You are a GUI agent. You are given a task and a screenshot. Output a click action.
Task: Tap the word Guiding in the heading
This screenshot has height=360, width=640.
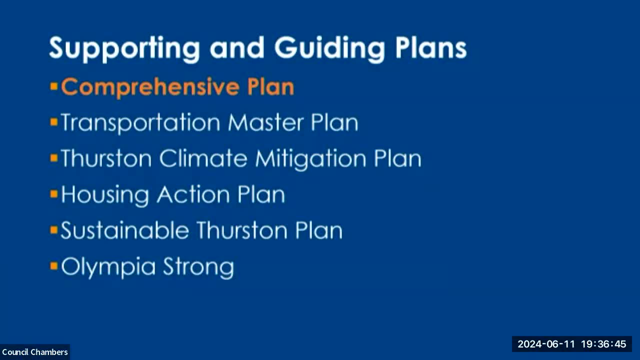click(329, 49)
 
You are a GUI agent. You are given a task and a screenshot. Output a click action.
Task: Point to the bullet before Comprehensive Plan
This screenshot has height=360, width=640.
click(54, 87)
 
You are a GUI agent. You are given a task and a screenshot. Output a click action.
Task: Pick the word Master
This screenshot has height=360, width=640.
click(265, 122)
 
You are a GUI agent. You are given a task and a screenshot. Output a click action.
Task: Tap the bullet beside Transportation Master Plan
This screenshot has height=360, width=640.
click(54, 122)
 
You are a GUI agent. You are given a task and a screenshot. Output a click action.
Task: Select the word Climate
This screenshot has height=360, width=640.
click(203, 158)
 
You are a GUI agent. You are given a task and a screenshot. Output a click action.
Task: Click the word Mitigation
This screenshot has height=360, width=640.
click(311, 159)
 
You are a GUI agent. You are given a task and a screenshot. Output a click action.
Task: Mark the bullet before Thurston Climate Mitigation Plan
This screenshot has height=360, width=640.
click(54, 158)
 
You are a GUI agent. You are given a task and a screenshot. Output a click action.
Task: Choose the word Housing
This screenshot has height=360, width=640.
click(105, 195)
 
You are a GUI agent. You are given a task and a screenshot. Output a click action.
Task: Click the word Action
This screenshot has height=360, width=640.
click(193, 194)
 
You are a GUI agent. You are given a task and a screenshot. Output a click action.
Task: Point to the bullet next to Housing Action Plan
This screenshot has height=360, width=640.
click(54, 194)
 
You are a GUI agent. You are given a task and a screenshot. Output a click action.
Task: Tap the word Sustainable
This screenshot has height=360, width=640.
click(124, 230)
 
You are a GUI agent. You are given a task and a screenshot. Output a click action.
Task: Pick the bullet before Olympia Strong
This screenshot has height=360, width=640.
click(54, 266)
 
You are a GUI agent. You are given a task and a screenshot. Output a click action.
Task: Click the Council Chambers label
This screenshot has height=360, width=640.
click(35, 352)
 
